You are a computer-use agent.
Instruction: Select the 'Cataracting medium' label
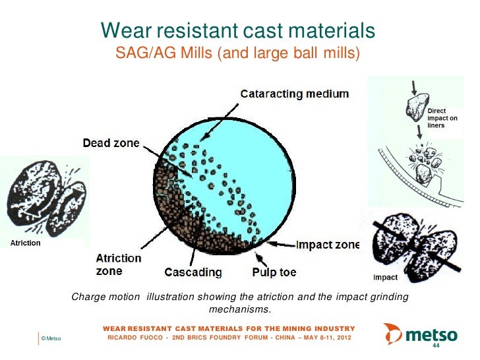click(294, 94)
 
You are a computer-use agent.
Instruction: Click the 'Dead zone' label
click(111, 144)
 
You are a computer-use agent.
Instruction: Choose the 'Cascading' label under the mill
click(193, 272)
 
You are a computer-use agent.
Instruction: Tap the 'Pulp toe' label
click(274, 272)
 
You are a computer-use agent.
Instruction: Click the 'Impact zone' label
click(328, 245)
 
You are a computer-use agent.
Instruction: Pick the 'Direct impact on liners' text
click(442, 118)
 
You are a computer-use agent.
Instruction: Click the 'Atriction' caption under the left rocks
click(24, 243)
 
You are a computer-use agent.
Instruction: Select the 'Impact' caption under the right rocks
click(385, 278)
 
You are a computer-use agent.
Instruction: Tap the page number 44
click(435, 345)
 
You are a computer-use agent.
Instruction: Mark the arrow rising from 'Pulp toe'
click(259, 258)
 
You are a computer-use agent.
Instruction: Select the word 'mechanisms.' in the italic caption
click(239, 309)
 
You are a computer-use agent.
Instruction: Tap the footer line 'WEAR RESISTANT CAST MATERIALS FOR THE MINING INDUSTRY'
click(229, 328)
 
